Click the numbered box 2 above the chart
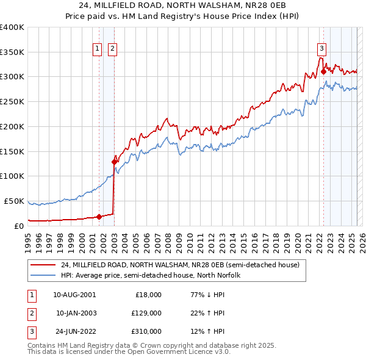[x=113, y=50]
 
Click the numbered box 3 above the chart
[x=321, y=50]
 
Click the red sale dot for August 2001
[x=99, y=216]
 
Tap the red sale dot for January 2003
[x=114, y=162]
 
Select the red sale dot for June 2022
[x=323, y=72]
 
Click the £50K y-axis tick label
[x=15, y=201]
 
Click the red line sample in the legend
[x=43, y=265]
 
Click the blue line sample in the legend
[x=43, y=275]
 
